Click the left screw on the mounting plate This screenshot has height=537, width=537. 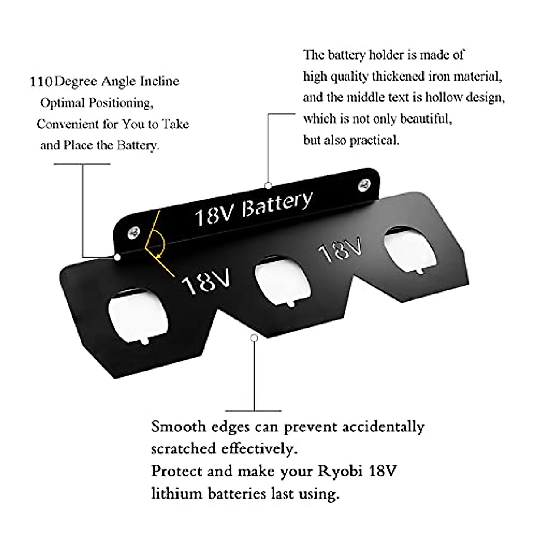(x=133, y=232)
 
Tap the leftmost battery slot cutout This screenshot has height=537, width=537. (x=139, y=316)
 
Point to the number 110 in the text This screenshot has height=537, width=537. (x=41, y=82)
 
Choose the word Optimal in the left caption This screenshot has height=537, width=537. (x=62, y=103)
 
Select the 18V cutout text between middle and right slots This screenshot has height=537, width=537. (x=340, y=250)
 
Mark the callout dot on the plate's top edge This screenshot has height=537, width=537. (x=268, y=185)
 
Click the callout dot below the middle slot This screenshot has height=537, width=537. (x=254, y=338)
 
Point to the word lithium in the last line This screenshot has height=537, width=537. (x=176, y=494)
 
